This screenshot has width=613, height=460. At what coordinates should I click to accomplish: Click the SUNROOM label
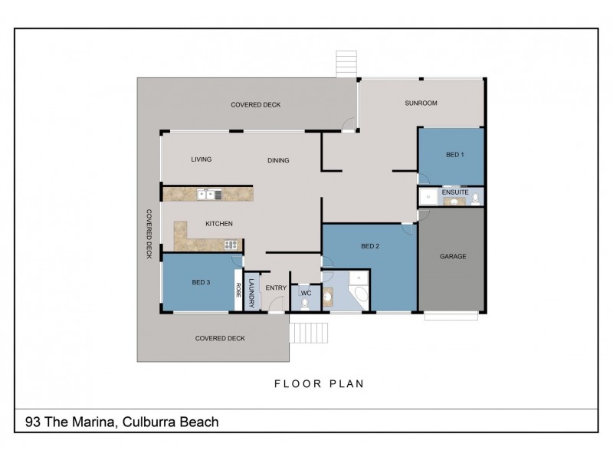pos(421,103)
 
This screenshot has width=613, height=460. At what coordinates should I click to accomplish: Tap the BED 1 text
pos(454,155)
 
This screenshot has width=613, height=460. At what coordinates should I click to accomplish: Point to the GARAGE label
pos(452,256)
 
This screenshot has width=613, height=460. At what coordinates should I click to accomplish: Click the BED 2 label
pos(370,246)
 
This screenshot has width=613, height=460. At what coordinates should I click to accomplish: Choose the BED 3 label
pos(201,283)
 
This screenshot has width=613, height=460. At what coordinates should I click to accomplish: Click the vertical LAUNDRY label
pos(251,291)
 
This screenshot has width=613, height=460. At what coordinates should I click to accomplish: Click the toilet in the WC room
pos(305,304)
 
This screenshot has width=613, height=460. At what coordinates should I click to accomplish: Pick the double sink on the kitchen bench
pos(205,195)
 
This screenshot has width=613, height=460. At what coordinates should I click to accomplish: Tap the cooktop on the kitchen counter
pos(230,245)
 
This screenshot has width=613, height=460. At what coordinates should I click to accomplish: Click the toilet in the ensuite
pos(476,199)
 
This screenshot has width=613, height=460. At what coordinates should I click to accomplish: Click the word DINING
pos(278,160)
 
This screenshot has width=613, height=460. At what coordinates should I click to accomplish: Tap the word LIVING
pos(201,159)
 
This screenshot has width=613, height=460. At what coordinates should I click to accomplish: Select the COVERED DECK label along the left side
pos(149,234)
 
